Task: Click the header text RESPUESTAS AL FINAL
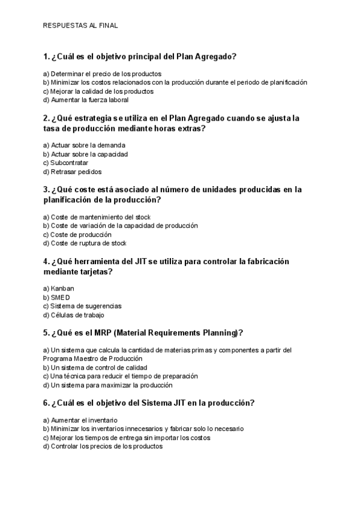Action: (x=80, y=26)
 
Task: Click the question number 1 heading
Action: (x=140, y=57)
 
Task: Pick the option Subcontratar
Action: (x=66, y=163)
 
